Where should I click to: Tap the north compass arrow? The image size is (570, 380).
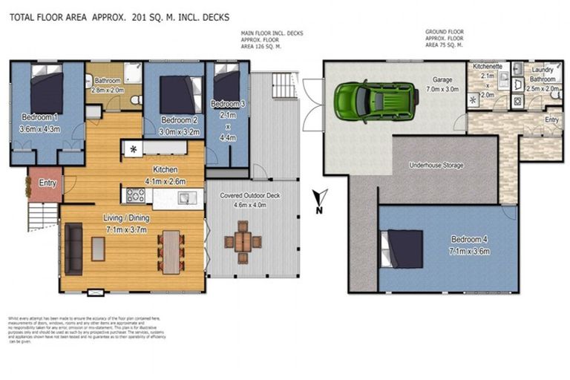320,199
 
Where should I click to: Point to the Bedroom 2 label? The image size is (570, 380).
179,119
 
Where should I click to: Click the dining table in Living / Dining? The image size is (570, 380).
171,249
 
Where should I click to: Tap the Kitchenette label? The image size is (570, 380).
488,67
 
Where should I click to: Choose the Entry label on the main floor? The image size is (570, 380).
47,183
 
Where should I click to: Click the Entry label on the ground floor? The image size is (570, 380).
551,119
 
